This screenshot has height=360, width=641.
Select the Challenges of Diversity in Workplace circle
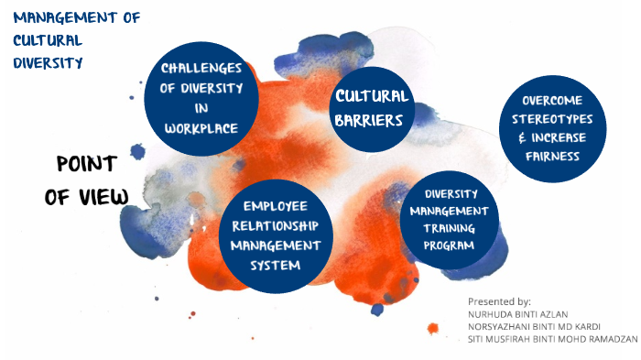click(x=202, y=99)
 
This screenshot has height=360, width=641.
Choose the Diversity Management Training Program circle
click(x=449, y=220)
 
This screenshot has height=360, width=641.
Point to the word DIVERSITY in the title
click(x=48, y=62)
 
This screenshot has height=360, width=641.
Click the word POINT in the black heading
click(x=86, y=164)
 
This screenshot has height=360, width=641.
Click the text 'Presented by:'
click(x=499, y=301)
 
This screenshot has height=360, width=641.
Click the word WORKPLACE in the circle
click(x=201, y=128)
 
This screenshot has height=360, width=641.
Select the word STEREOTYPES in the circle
click(x=552, y=119)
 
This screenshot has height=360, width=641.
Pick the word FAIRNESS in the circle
click(x=552, y=156)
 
